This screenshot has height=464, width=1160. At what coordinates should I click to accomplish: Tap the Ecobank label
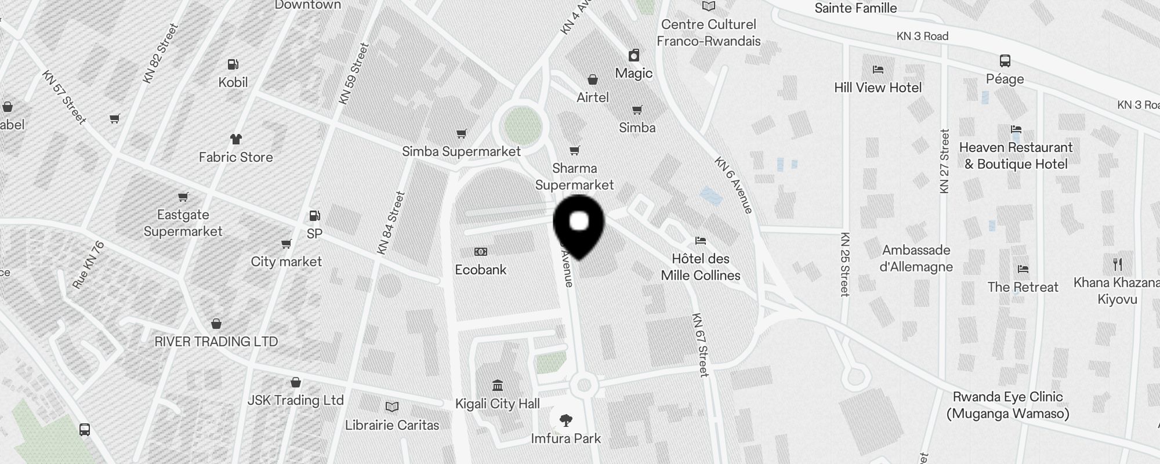coord(480,270)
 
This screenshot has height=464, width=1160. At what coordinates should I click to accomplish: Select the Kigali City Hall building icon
coord(497,385)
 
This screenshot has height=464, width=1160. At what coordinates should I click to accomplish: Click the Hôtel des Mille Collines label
coord(701,267)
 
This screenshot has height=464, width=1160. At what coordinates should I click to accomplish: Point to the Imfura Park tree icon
coord(566,420)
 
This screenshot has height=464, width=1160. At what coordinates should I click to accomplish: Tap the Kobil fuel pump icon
coord(233,64)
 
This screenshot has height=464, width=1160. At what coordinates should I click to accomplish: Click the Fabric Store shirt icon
coord(235,139)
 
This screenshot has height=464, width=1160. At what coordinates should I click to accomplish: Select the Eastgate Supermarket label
coord(183,223)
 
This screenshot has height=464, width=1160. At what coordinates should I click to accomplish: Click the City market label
coord(286,262)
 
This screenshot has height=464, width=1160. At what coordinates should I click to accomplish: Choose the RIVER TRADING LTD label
coord(216,342)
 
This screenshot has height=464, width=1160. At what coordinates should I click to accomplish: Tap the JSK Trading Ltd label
coord(295,400)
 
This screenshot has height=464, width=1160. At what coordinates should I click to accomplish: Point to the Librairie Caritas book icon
coord(392,407)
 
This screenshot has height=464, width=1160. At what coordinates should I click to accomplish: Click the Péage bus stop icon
coord(1005,61)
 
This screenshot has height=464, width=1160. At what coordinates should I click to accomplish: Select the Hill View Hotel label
coord(878,88)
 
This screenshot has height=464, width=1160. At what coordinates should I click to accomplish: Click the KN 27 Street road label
coord(944,161)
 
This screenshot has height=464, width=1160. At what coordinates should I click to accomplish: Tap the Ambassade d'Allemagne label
coord(916,259)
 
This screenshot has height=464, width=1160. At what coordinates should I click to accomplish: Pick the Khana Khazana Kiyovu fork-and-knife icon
coord(1118,264)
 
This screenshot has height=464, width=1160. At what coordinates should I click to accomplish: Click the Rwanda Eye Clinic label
coord(1008,405)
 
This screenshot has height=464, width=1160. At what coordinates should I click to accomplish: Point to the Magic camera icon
coord(634,55)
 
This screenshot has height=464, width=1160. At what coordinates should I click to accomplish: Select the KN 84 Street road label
coord(390,223)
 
